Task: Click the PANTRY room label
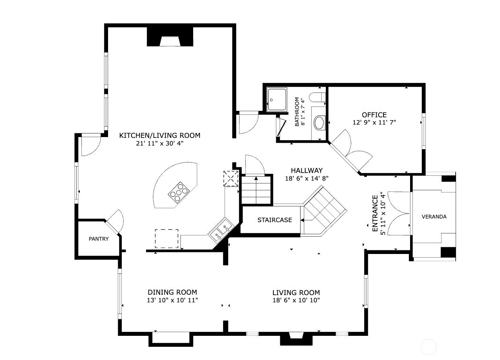[99, 239]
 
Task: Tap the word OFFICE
[374, 115]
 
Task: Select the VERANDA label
[434, 216]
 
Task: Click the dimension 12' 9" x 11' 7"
[374, 123]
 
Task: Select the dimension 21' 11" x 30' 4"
[160, 143]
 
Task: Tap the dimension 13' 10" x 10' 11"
[172, 300]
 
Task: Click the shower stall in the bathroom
[277, 98]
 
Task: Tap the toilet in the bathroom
[317, 98]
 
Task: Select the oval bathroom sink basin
[319, 123]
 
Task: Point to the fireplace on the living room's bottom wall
[293, 339]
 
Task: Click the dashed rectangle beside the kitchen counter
[167, 238]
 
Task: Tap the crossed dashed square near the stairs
[231, 178]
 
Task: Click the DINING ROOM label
[172, 292]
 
